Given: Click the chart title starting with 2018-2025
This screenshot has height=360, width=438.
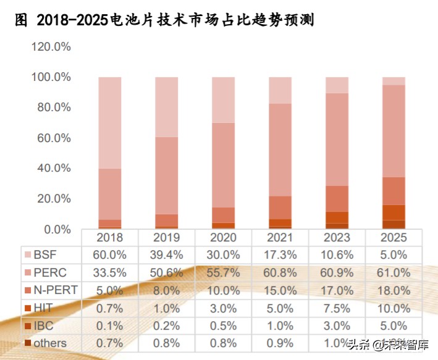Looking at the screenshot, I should (164, 20).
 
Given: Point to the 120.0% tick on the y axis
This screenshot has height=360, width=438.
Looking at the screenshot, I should (51, 47).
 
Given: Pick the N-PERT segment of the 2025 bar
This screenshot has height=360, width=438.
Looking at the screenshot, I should (394, 191).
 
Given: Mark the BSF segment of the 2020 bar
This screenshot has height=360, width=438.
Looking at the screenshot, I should (223, 99).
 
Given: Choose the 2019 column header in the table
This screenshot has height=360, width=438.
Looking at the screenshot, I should (166, 238).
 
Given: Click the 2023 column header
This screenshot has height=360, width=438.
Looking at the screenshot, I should (337, 238).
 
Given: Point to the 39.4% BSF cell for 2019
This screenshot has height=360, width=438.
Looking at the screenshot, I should (166, 254).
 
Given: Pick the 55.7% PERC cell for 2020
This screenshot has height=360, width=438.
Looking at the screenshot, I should (223, 272).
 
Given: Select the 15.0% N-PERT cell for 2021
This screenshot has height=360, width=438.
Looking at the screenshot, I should (280, 290).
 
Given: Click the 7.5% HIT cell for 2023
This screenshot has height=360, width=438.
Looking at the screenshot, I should (337, 308).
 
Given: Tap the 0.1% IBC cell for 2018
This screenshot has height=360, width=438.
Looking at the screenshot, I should (110, 325).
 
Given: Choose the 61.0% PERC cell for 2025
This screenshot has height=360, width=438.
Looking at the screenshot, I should (394, 272).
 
